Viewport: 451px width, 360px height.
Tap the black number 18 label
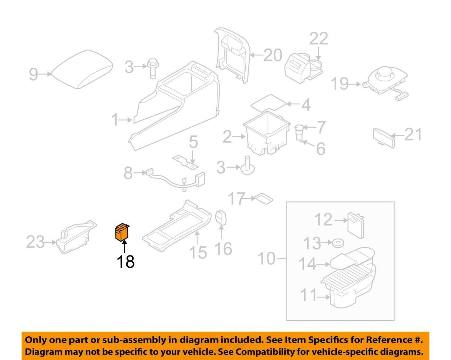(125, 262)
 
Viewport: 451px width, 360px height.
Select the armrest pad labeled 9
(82, 69)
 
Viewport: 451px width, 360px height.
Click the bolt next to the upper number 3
(153, 68)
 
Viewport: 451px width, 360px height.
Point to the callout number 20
(273, 55)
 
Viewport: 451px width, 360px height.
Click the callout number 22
(319, 39)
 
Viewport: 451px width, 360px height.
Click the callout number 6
(321, 149)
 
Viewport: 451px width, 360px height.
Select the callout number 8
(128, 173)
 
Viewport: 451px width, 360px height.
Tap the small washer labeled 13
(338, 243)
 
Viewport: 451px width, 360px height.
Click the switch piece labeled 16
(221, 217)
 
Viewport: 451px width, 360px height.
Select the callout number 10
(267, 258)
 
